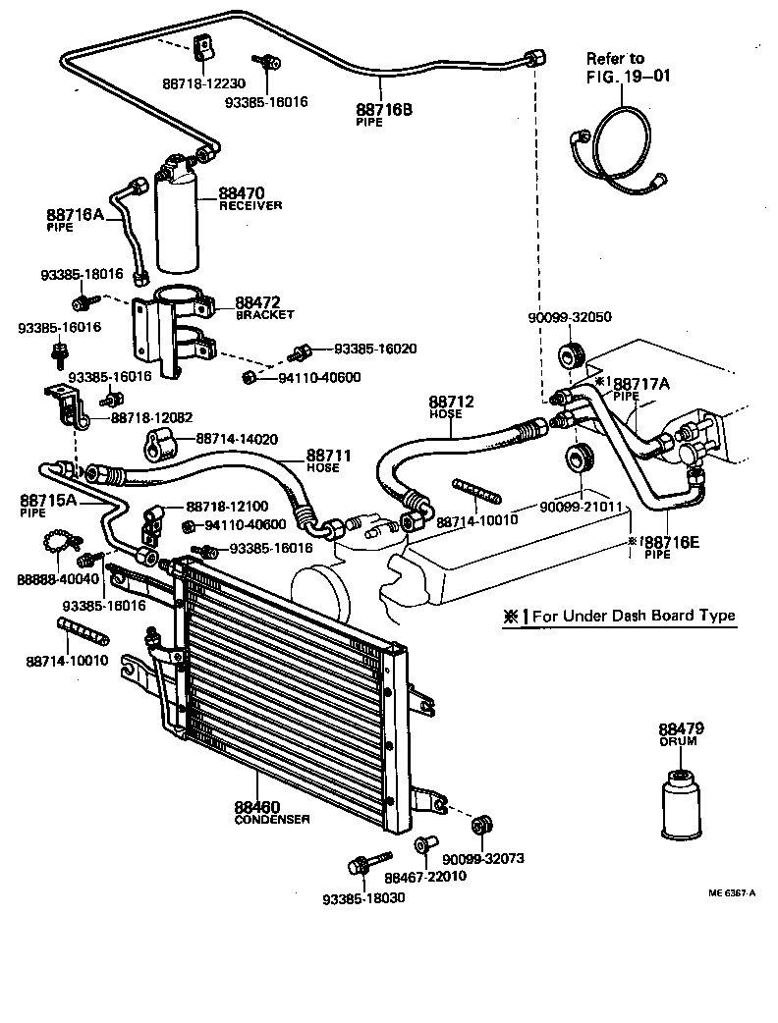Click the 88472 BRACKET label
pyautogui.click(x=264, y=308)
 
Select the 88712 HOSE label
pyautogui.click(x=451, y=406)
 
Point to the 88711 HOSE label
pyautogui.click(x=329, y=460)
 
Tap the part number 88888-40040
pyautogui.click(x=51, y=579)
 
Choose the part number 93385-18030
pyautogui.click(x=362, y=898)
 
